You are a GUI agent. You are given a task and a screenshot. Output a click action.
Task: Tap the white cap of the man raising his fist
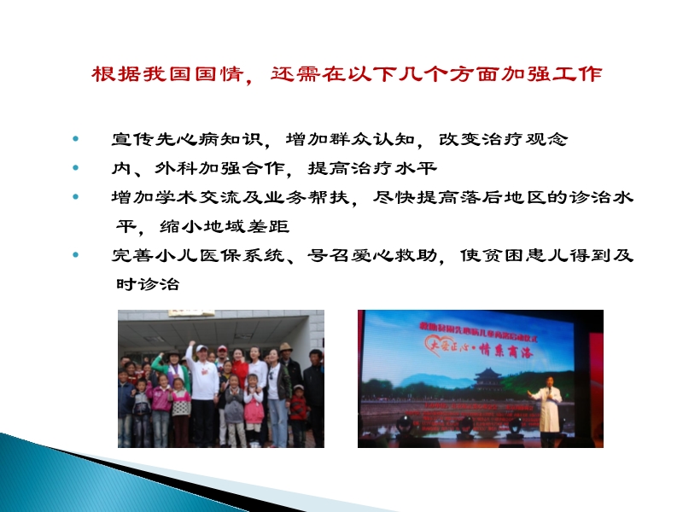[x=201, y=349]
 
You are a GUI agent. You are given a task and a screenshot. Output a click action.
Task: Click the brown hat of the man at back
[x=286, y=347]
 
